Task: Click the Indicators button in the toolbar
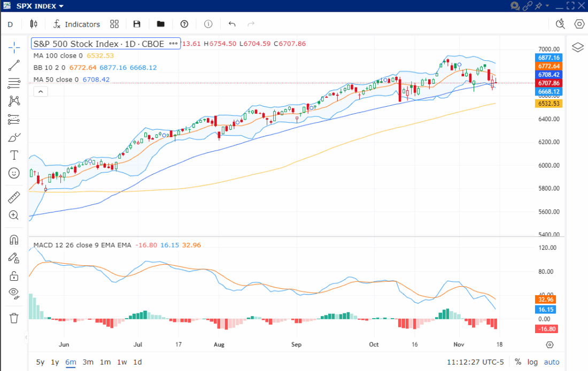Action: click(77, 24)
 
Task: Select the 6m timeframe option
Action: click(71, 362)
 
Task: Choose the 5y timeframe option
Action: click(40, 362)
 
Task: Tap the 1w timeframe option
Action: click(122, 362)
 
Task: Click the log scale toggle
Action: click(532, 362)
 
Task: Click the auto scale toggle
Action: click(552, 362)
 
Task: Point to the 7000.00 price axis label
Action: click(548, 49)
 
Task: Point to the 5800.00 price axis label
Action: click(548, 188)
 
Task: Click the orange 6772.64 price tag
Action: click(548, 66)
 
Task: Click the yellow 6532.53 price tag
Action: click(548, 104)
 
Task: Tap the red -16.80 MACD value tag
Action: click(548, 329)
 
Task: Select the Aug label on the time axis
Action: click(219, 344)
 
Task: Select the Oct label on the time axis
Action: click(374, 344)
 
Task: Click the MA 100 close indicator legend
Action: click(58, 56)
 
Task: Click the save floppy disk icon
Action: click(137, 24)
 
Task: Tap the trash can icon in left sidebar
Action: click(14, 318)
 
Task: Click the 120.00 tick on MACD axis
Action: click(548, 248)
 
